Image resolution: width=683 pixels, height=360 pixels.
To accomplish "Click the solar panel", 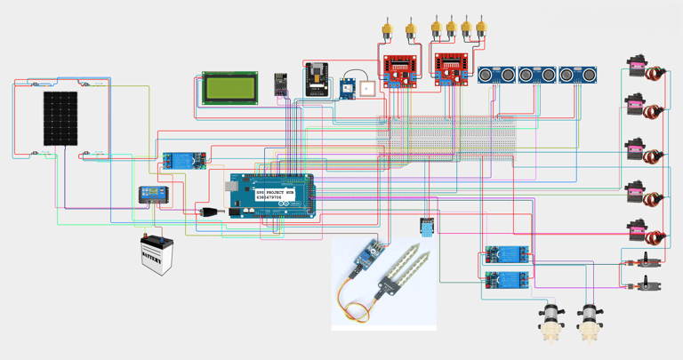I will pyautogui.click(x=60, y=118).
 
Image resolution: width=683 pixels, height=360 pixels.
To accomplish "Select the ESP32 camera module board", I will pyautogui.click(x=317, y=78).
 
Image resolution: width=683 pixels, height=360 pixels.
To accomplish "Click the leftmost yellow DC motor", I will pyautogui.click(x=387, y=32).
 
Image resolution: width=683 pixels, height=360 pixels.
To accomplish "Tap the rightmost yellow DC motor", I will pyautogui.click(x=481, y=29).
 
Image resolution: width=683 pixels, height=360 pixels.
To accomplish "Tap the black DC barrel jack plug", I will pyautogui.click(x=210, y=212).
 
